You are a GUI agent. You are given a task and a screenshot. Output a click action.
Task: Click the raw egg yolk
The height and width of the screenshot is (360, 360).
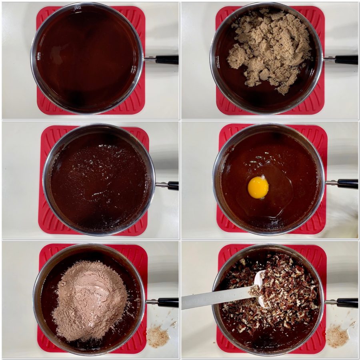258,187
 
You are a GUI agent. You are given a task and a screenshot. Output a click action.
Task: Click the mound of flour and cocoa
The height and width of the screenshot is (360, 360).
90,300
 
